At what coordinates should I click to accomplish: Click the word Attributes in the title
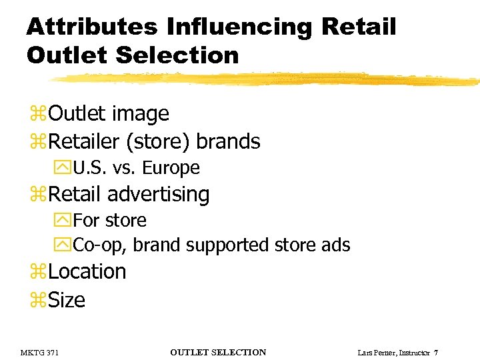pos(92,27)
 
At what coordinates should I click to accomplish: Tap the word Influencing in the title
pos(239,27)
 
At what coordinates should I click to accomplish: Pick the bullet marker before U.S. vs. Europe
pos(65,168)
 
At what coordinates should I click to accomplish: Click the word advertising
pos(158,195)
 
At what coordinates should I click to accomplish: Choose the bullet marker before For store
pos(65,220)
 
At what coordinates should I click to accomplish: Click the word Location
pos(87,272)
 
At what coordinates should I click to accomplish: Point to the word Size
pos(67,300)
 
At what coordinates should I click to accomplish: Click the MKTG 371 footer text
pos(39,352)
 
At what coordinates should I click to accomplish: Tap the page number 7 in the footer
pos(435,352)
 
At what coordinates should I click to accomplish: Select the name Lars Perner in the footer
pos(375,352)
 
